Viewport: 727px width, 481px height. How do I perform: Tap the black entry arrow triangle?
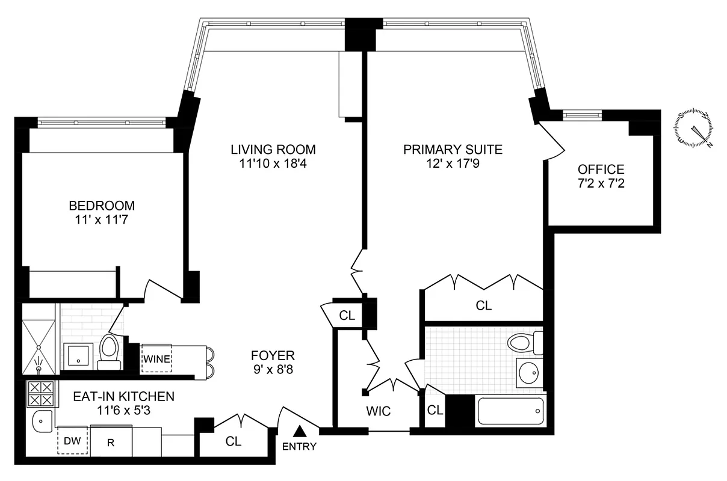pyautogui.click(x=299, y=430)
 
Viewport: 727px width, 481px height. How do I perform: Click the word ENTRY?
pyautogui.click(x=299, y=447)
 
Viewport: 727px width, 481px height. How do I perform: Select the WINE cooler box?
pyautogui.click(x=156, y=360)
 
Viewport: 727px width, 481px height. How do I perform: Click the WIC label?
pyautogui.click(x=379, y=411)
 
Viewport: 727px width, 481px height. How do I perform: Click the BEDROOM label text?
pyautogui.click(x=101, y=206)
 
